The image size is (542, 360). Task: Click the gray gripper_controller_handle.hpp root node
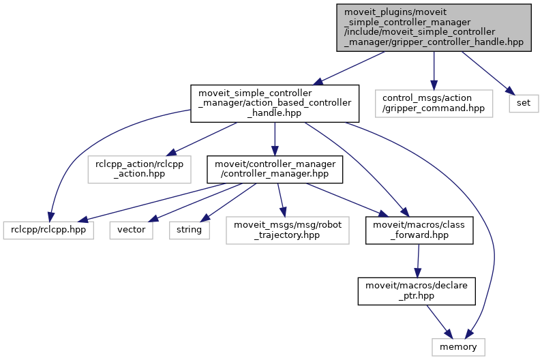tap(433, 27)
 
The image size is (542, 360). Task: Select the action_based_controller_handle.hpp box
tap(274, 104)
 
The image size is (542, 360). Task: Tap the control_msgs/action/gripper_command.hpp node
tap(433, 104)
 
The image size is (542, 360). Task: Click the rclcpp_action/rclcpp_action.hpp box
tap(139, 169)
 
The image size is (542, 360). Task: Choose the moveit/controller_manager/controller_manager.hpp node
tap(274, 169)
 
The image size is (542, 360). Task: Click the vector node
tap(132, 230)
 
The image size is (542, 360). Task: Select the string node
tap(189, 230)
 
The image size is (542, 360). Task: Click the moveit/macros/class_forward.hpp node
tap(419, 230)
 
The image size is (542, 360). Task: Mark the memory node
tap(458, 347)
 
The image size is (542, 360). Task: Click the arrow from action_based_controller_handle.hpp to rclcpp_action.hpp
tap(205, 137)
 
